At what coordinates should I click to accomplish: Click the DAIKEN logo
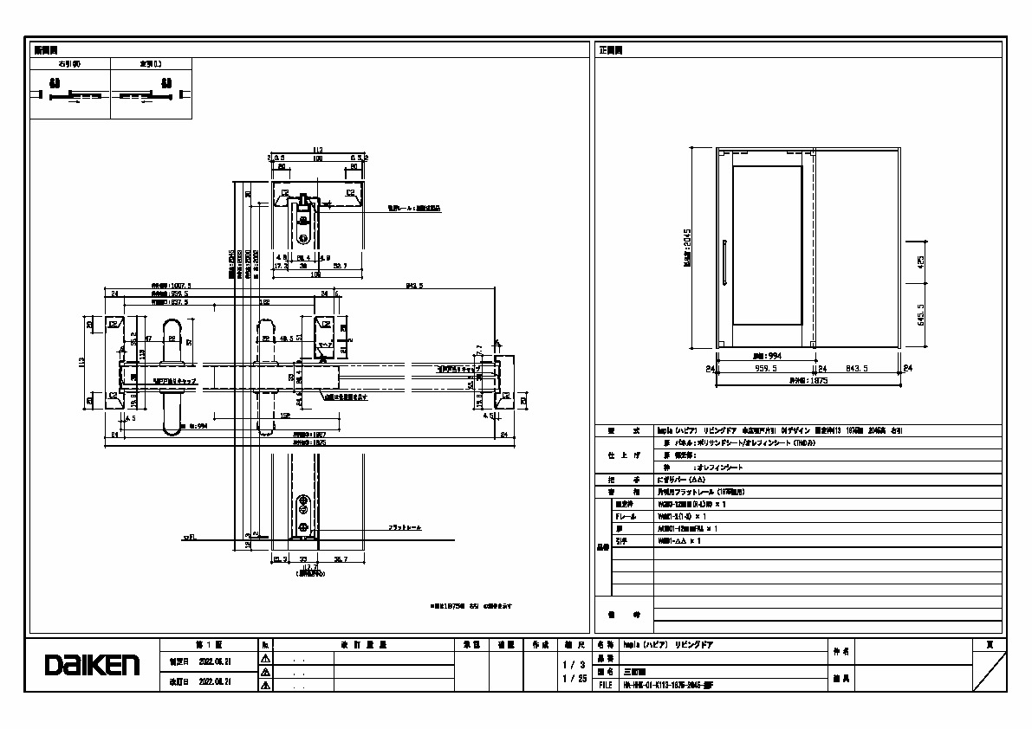tap(92, 665)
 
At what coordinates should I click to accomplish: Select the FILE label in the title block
tap(604, 684)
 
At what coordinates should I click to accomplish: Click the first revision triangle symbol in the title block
tap(266, 659)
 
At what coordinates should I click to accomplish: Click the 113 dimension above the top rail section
tap(317, 151)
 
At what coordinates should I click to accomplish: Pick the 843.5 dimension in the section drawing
tap(412, 286)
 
